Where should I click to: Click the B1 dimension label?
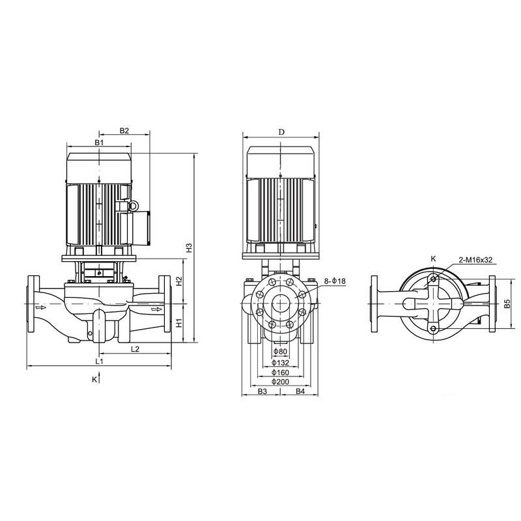(x=98, y=142)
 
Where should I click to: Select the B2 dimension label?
(x=124, y=131)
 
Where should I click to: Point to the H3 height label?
(x=189, y=247)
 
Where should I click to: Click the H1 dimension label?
(x=178, y=322)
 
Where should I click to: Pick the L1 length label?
(x=99, y=360)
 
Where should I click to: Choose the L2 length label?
(x=135, y=349)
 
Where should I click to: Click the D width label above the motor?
(x=281, y=132)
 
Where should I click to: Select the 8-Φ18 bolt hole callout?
(x=335, y=281)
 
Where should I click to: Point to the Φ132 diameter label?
(x=280, y=363)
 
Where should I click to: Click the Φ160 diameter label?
(x=280, y=372)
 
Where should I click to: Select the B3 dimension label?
(x=262, y=391)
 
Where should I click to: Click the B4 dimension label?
(x=301, y=391)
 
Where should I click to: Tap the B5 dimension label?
(x=506, y=304)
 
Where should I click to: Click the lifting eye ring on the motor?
(x=134, y=206)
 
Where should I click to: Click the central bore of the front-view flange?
(x=281, y=305)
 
